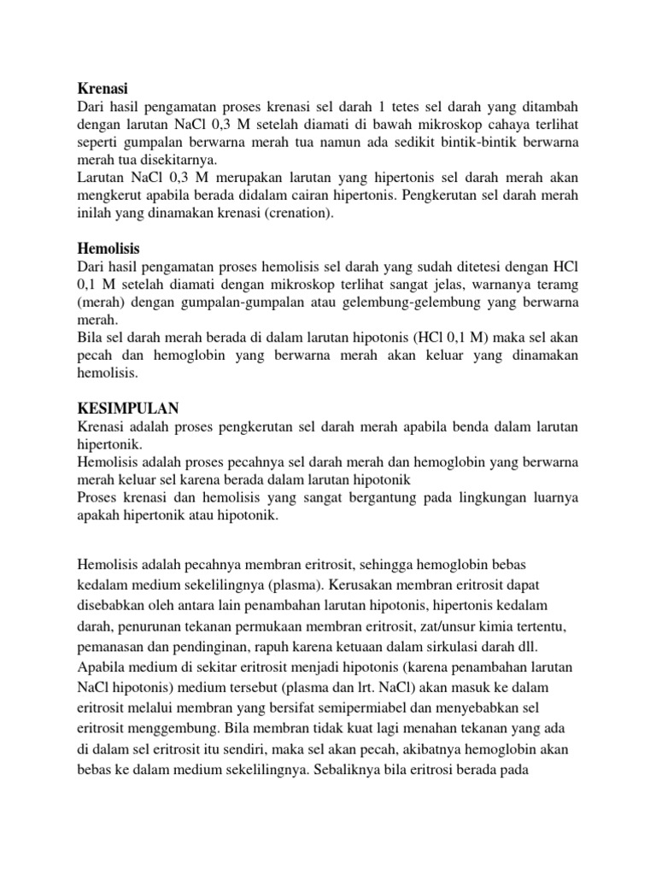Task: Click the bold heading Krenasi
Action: coord(102,87)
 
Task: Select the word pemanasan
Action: coord(114,648)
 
